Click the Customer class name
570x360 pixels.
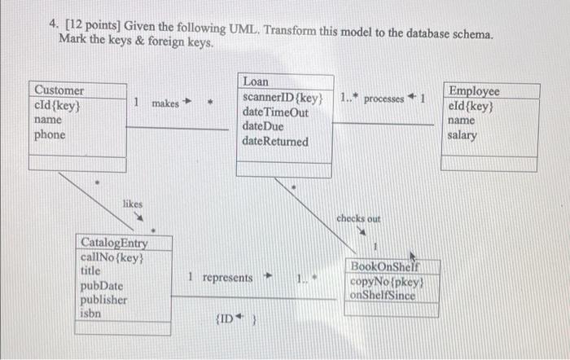click(58, 90)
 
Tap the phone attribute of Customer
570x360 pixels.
click(50, 134)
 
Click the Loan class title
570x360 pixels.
click(255, 82)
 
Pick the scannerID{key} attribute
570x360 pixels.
click(283, 98)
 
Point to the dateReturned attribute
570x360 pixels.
click(275, 142)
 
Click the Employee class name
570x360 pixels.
click(474, 91)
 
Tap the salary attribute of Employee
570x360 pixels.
click(463, 135)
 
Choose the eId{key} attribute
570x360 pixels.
click(471, 106)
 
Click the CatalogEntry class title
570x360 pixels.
click(113, 242)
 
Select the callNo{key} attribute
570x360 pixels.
click(112, 257)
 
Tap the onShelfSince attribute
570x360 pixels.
click(382, 296)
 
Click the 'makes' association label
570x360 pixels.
click(165, 103)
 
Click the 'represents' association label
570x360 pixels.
click(227, 278)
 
